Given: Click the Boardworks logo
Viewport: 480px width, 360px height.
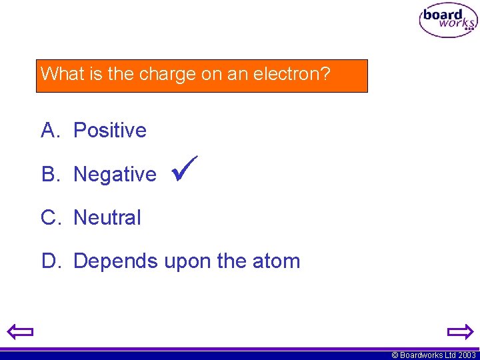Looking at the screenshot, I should [448, 21].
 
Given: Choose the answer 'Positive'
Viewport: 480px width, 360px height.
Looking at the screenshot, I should [109, 130].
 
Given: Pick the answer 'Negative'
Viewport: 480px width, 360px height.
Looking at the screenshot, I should [115, 174].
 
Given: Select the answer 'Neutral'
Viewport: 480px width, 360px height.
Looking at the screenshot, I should [107, 217].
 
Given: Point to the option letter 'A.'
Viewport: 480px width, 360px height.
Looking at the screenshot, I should [51, 130].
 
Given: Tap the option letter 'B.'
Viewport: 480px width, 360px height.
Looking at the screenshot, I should [51, 174].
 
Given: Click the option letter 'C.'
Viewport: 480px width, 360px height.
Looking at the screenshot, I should [51, 217].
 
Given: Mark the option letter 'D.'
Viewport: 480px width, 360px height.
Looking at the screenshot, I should [51, 261].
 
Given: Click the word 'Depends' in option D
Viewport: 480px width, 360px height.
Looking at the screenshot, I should [115, 261].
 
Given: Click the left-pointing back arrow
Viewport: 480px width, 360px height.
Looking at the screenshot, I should [21, 331].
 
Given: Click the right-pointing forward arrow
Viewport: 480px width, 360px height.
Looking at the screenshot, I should [459, 331].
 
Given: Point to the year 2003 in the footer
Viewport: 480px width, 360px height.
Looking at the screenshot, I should [467, 355].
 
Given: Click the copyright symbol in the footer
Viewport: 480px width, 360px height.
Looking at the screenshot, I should [395, 355].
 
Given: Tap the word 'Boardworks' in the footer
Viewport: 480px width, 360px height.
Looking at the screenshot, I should [421, 355].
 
